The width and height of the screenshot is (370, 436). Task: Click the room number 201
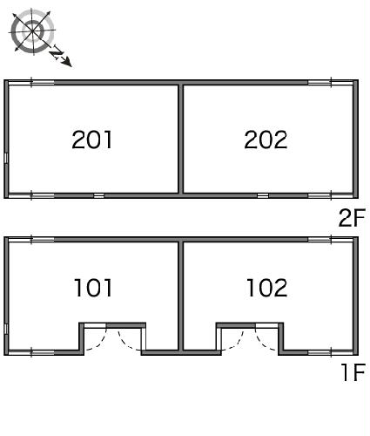[92, 140]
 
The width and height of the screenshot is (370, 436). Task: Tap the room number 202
[266, 140]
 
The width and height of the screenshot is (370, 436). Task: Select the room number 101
[93, 288]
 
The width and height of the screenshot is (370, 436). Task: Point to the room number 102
[267, 288]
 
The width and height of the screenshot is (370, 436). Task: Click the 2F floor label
[352, 218]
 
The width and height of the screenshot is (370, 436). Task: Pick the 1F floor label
[353, 372]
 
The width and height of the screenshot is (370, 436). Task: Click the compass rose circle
[33, 31]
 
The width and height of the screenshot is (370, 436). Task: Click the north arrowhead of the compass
[68, 63]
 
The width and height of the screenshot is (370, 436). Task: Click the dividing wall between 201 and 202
[181, 139]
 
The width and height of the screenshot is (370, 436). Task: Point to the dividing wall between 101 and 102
[181, 296]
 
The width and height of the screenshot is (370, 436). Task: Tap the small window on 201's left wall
[6, 158]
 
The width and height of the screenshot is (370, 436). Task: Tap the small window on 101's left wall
[6, 329]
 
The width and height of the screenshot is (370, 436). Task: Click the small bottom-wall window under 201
[98, 195]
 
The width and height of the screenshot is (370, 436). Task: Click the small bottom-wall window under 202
[263, 195]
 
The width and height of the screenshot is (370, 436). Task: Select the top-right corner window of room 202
[331, 83]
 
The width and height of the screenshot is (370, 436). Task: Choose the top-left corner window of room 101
[31, 240]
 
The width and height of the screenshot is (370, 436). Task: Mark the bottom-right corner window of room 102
[331, 353]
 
